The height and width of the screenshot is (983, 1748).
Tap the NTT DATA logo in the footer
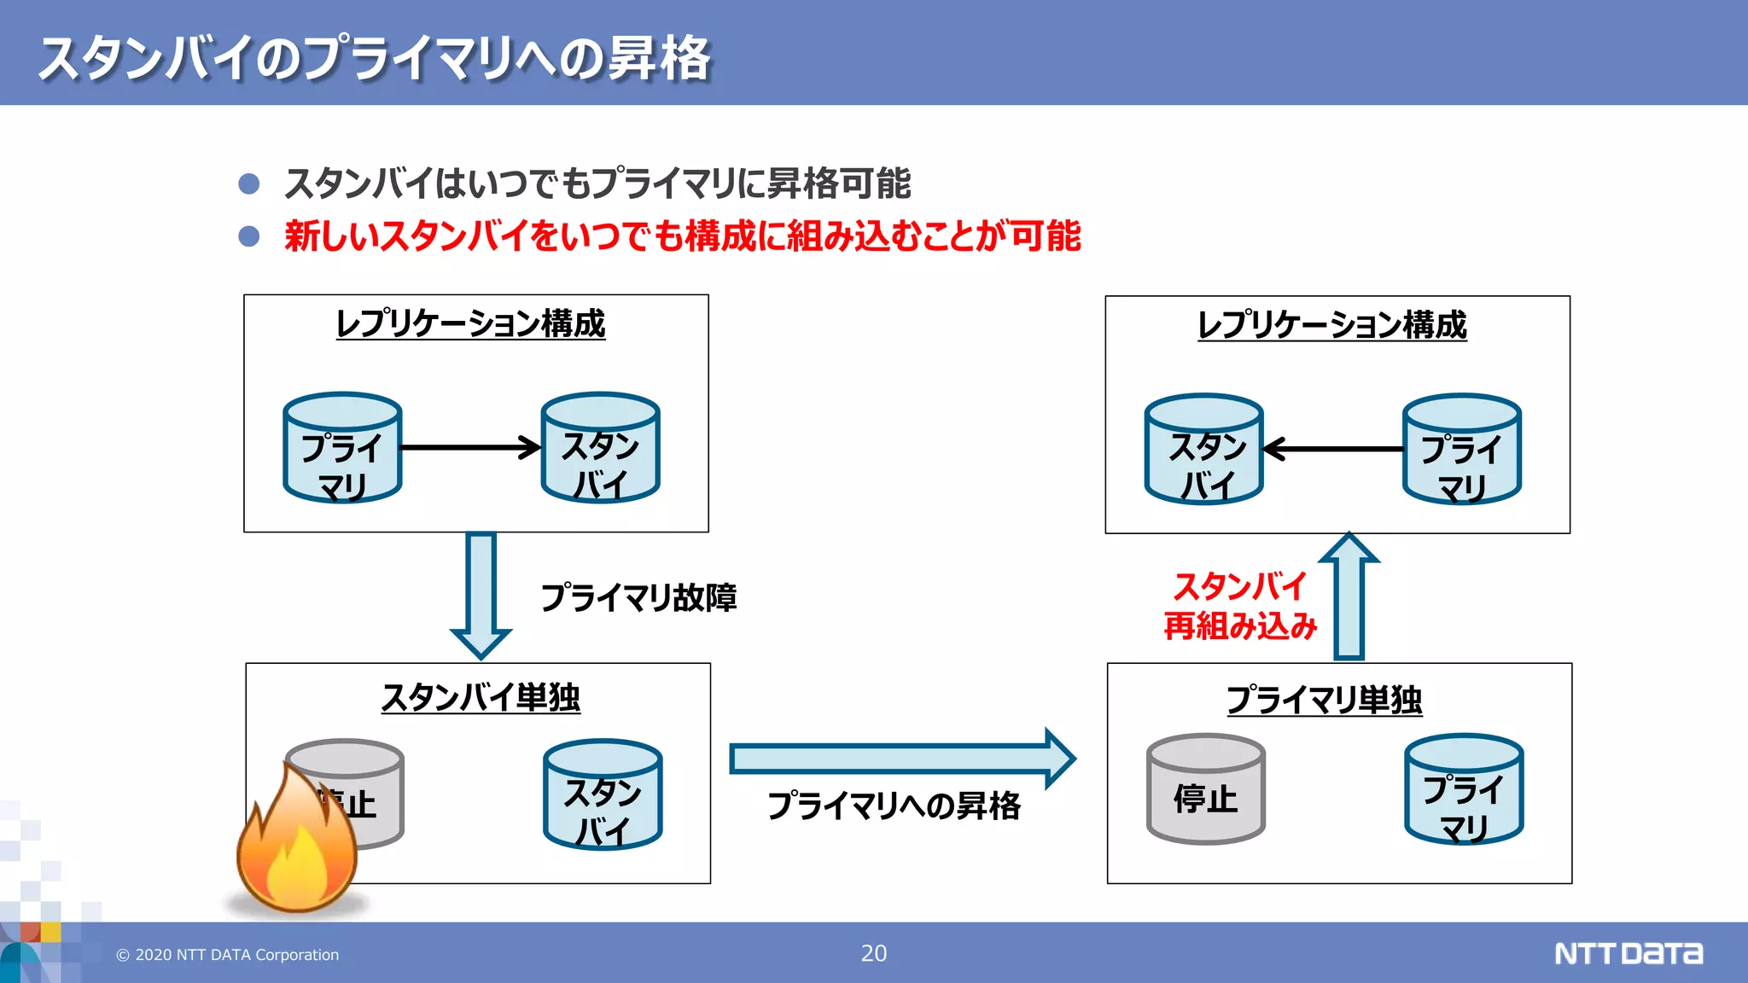pos(1628,953)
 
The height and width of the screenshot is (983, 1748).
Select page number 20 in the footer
pos(873,953)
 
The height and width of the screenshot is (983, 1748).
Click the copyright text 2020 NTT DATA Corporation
pos(228,955)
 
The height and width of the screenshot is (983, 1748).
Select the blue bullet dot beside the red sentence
pos(249,236)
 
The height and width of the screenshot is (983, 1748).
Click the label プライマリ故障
pos(638,597)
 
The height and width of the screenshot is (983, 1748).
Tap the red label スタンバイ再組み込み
pos(1240,606)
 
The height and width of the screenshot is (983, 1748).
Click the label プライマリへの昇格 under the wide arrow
pos(894,806)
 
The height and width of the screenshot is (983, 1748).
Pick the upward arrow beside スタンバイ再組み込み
pos(1349,596)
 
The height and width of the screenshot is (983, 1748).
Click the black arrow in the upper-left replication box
pos(469,447)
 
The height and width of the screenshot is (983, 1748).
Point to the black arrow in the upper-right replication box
pos(1333,449)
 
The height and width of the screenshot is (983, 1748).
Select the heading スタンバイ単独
pos(481,698)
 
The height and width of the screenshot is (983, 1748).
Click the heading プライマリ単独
pos(1324,700)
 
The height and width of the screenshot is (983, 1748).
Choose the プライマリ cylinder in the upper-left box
pos(342,449)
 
